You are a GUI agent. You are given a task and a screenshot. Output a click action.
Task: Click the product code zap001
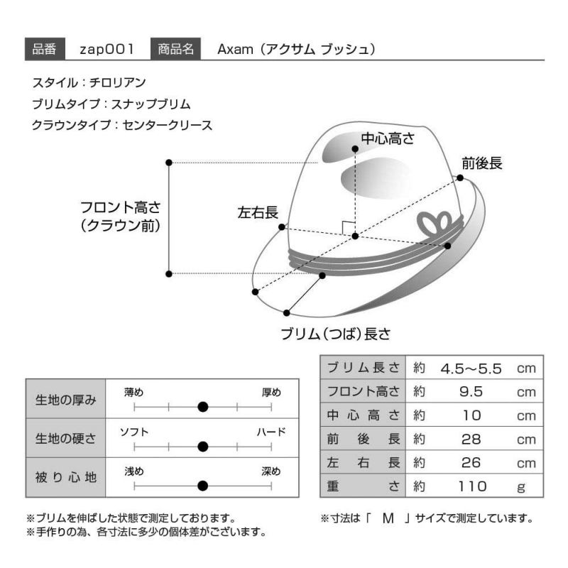point(106,49)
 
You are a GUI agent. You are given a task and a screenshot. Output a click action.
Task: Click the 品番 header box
point(45,48)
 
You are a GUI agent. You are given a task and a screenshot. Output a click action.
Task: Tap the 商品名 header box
point(175,48)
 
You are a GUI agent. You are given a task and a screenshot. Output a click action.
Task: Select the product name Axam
point(235,49)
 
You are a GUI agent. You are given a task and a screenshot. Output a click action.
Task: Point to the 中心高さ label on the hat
point(388,138)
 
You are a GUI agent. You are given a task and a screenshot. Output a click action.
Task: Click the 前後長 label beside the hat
point(482,163)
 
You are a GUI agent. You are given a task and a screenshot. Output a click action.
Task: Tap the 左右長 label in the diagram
point(258,212)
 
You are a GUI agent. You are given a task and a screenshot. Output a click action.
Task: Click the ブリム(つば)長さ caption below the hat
point(336,334)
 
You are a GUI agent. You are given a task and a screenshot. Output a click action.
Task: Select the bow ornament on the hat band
point(434,224)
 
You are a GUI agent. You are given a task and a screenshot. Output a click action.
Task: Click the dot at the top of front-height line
point(169,163)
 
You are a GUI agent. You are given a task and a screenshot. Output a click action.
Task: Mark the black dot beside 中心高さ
point(355,149)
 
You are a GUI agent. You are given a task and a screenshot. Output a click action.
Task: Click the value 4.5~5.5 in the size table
point(471,368)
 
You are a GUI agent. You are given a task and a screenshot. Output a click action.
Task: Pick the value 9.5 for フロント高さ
point(471,392)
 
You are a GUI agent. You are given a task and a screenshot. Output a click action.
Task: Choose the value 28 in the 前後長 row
point(471,439)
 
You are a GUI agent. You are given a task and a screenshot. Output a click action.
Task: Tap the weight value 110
point(472,486)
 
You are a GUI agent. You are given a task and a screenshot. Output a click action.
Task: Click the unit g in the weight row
point(521,488)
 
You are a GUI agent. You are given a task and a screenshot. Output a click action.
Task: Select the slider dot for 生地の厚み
point(203,407)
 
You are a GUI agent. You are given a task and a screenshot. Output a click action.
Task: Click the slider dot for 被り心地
point(203,486)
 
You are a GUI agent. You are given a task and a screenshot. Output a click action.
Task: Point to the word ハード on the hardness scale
point(271,432)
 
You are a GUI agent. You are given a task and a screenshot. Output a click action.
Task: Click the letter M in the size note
point(388,519)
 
